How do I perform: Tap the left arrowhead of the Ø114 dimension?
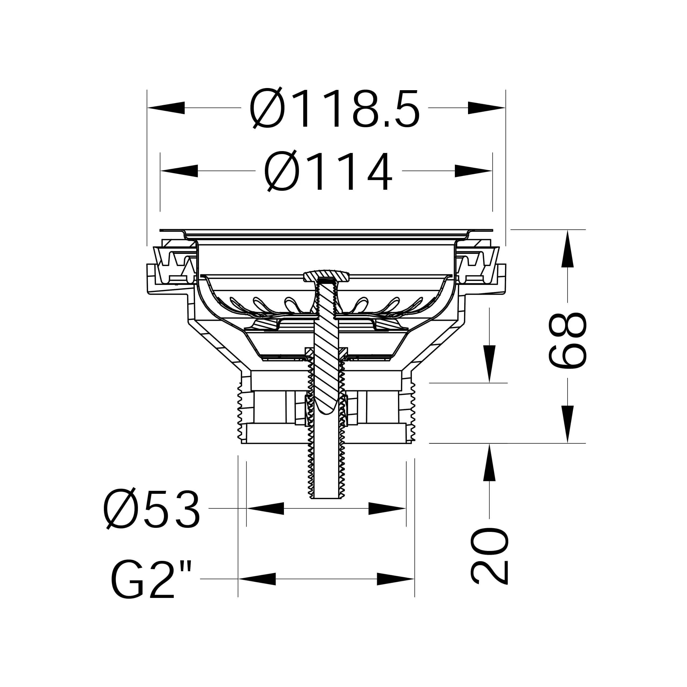179,171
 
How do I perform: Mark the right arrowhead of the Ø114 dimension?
473,171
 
